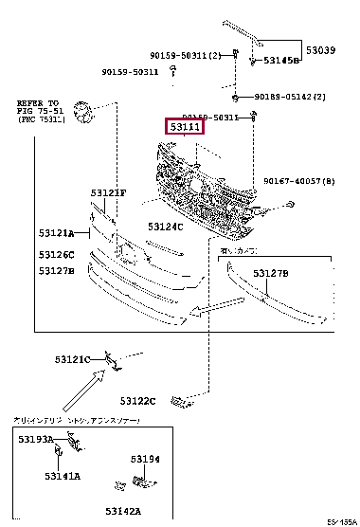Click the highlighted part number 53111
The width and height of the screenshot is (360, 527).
183,125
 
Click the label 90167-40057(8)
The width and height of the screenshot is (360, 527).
297,179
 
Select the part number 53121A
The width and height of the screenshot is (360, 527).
57,233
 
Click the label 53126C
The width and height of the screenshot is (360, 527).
57,254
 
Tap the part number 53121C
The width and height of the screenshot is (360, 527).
72,359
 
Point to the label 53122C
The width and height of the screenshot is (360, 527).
138,402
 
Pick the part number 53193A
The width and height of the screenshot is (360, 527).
36,441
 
